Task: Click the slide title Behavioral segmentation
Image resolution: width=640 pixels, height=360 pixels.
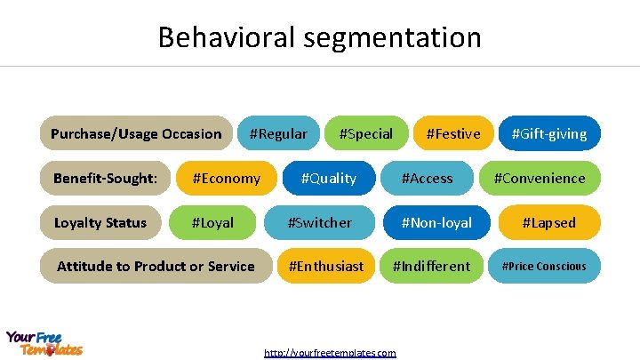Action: (320, 37)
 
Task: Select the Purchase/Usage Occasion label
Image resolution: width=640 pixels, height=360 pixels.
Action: (136, 134)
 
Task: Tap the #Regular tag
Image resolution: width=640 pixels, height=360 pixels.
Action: (278, 134)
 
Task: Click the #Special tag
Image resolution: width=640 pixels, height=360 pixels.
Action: (366, 134)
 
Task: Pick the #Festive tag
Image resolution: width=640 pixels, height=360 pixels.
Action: (452, 134)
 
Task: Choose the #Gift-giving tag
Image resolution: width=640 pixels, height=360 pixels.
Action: (548, 134)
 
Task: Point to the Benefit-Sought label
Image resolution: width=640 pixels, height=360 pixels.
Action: (105, 179)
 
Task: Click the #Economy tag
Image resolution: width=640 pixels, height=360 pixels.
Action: (227, 179)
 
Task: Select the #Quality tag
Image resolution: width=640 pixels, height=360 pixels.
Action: (328, 179)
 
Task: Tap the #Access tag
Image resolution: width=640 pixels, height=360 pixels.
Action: (427, 179)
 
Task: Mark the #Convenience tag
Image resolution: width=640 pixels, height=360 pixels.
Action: (540, 179)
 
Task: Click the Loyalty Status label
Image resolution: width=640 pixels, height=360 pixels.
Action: (100, 223)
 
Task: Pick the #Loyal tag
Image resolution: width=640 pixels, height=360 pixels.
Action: (212, 223)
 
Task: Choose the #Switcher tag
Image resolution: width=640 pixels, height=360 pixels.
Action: (319, 223)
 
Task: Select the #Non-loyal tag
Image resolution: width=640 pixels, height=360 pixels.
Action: (436, 223)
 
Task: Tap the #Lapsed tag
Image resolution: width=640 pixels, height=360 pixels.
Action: (548, 223)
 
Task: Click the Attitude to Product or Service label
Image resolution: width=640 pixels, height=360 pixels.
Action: (156, 266)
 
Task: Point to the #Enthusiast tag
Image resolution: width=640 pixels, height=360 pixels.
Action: (326, 266)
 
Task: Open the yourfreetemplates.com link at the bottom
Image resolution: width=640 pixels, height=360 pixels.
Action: (330, 353)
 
